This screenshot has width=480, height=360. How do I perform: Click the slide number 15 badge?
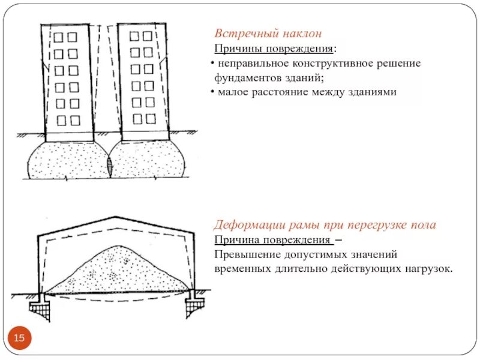click(19, 339)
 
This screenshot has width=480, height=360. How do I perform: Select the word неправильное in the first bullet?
click(248, 63)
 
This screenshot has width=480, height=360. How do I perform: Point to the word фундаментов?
click(243, 78)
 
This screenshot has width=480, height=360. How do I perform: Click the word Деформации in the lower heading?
click(245, 225)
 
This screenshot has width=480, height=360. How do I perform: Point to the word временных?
click(241, 269)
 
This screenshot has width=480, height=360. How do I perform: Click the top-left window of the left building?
click(58, 37)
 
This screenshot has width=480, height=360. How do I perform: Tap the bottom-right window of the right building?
click(150, 118)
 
